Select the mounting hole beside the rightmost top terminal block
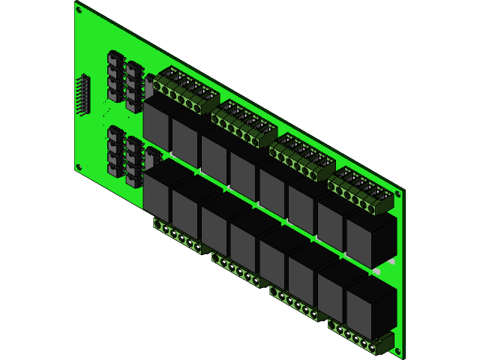pos(397,194)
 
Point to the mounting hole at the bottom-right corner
pos(397,350)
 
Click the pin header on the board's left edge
pos(82,94)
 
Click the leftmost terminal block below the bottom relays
pos(178,236)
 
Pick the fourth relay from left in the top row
pos(244,172)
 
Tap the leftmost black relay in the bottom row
pos(157,194)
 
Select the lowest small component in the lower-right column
pos(134,179)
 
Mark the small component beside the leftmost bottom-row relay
pos(153,158)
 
